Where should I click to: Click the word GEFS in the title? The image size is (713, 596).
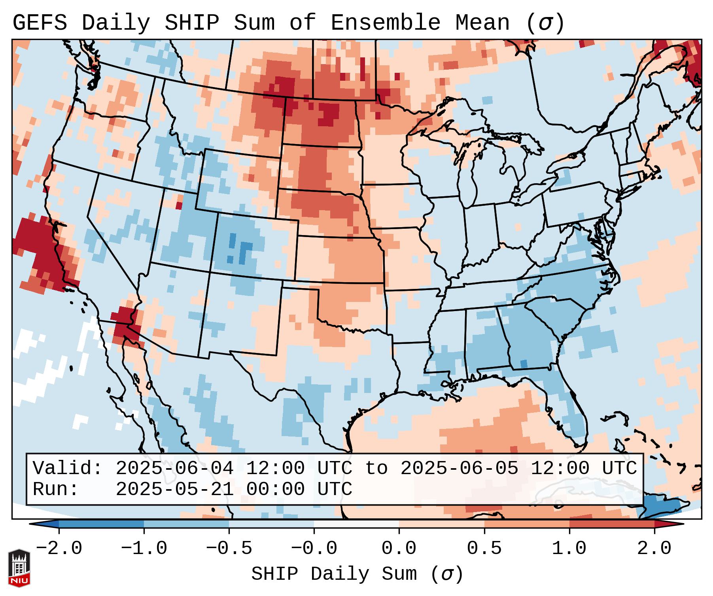(40, 23)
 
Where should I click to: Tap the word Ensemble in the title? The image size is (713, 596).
(385, 23)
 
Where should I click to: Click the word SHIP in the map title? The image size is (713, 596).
(191, 23)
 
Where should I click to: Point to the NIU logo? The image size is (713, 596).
(19, 568)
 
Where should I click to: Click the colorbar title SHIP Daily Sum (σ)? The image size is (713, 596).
(357, 574)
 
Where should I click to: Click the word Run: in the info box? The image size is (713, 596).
(55, 490)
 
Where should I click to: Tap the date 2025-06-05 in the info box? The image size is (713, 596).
(459, 469)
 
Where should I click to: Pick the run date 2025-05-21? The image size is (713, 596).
(174, 490)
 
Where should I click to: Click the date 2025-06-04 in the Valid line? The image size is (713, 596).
(174, 469)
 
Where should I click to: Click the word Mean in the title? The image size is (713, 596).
(482, 23)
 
